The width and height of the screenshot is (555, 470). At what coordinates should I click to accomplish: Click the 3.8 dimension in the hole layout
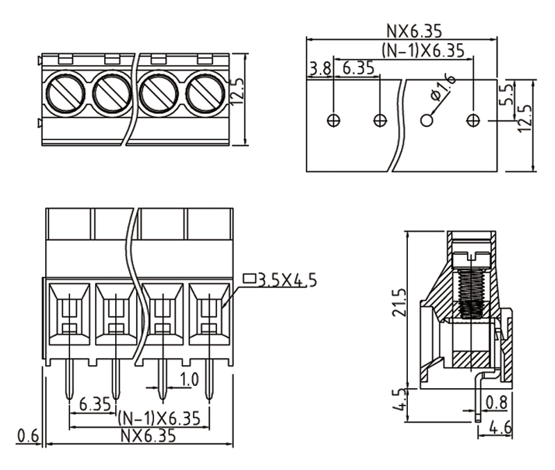point(320,69)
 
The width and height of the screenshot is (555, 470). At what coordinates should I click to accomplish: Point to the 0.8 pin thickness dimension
point(496,402)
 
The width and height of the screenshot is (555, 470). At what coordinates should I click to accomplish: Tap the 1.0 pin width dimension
point(189,380)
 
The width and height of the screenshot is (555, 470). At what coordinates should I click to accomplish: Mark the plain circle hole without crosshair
point(427,120)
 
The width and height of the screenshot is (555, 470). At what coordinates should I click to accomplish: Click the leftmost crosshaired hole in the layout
point(334,120)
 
